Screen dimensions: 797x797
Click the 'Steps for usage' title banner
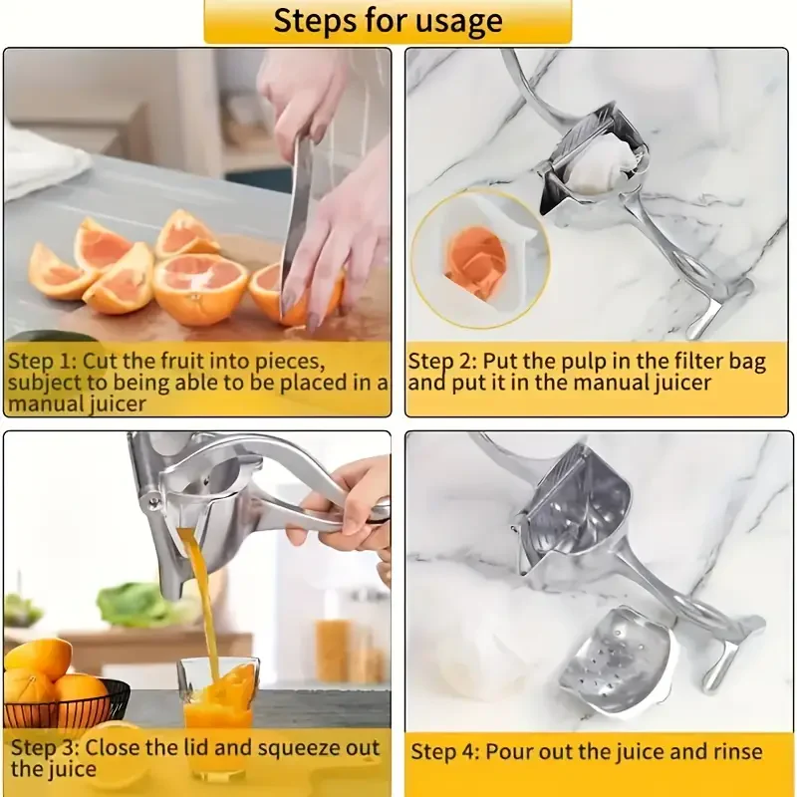pos(389,21)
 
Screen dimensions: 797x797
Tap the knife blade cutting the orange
pos(296,214)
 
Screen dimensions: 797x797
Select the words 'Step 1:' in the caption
pos(41,360)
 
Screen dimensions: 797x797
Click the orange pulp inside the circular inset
pos(474,261)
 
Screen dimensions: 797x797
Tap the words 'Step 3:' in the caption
pos(43,747)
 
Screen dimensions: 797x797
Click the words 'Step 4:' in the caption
pos(444,751)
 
